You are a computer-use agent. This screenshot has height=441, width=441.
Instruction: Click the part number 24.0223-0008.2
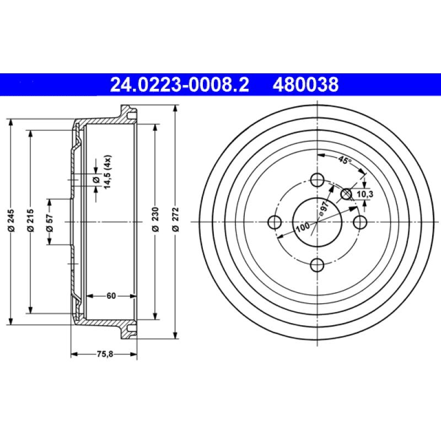tap(180, 85)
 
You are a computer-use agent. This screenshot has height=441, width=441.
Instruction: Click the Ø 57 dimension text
tap(50, 221)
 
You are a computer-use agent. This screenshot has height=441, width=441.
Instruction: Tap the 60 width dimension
tap(111, 296)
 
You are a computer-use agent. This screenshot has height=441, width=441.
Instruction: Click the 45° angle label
tap(345, 161)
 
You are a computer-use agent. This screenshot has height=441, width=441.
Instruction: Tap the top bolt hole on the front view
tap(317, 180)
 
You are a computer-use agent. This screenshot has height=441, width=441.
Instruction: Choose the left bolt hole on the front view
tap(275, 222)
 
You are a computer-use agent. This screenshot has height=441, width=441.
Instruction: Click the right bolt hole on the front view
tap(360, 222)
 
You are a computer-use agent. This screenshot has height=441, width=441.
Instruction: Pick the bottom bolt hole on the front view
tap(317, 265)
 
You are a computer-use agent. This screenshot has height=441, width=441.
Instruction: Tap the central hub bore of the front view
tap(317, 222)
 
